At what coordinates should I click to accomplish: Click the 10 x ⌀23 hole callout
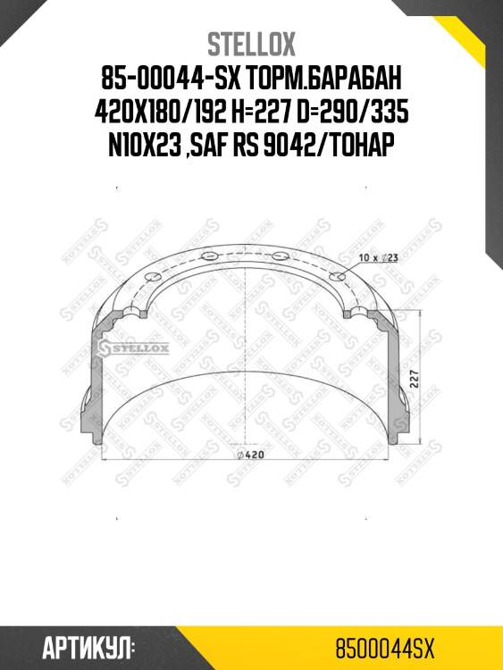376,256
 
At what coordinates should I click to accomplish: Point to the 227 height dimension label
414,376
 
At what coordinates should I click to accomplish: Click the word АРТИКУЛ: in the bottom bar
88,644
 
